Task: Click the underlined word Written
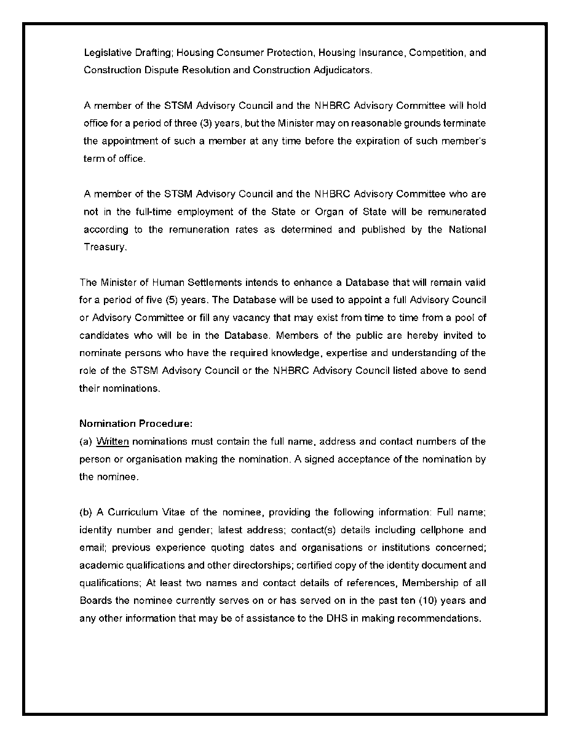pyautogui.click(x=113, y=442)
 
